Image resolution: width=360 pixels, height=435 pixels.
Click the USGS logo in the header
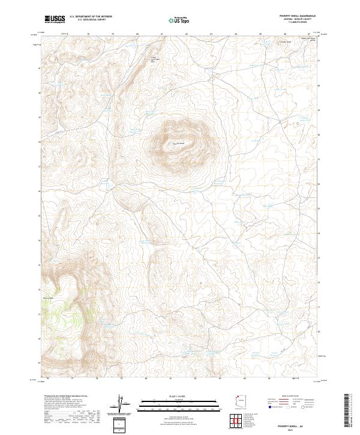click(55, 19)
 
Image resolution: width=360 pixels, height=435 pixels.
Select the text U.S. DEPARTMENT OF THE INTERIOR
click(91, 16)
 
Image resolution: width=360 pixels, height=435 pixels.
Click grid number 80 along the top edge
click(138, 34)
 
